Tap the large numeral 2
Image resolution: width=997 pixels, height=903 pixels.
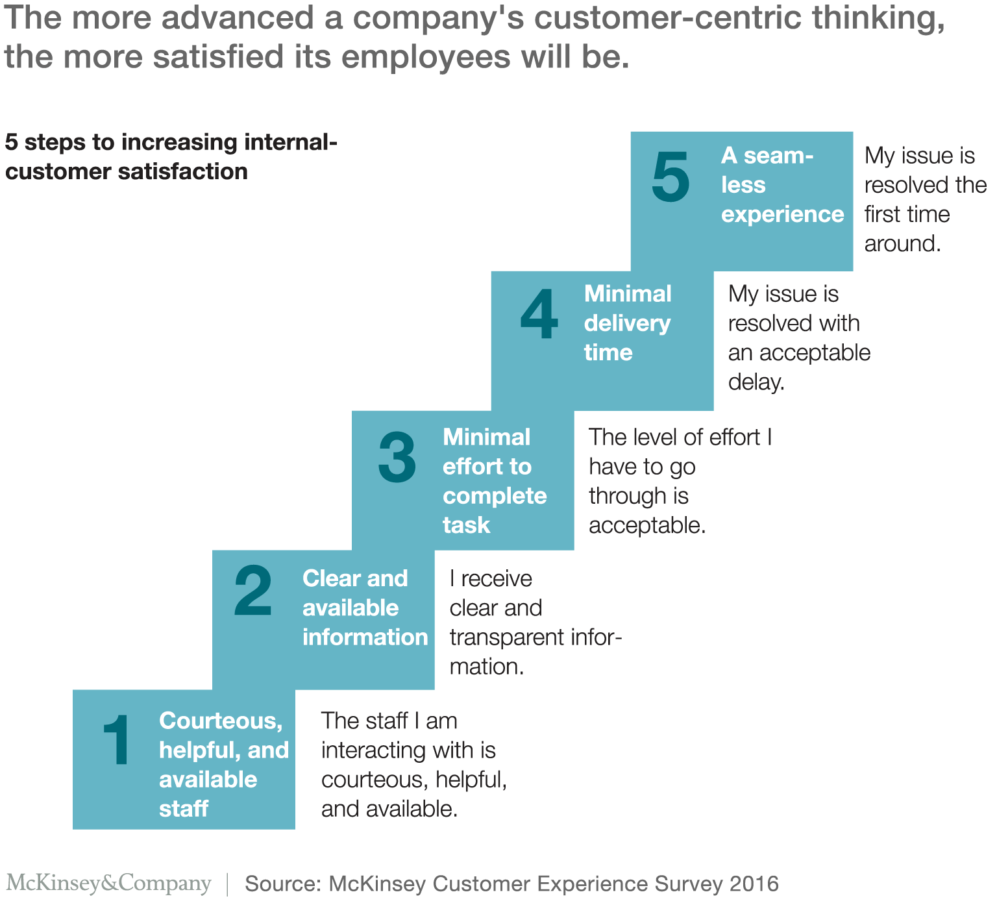click(253, 591)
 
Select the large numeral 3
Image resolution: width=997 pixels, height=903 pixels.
click(397, 458)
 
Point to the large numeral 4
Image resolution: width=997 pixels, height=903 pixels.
click(539, 315)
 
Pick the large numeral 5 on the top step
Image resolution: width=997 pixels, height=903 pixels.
click(671, 177)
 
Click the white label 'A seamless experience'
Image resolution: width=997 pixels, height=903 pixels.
click(782, 185)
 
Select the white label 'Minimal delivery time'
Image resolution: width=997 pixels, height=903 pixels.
click(627, 323)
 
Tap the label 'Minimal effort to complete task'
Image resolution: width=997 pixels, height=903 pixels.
click(494, 481)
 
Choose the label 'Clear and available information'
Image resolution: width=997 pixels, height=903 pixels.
click(364, 608)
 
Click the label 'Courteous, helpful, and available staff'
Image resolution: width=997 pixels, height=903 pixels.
click(223, 765)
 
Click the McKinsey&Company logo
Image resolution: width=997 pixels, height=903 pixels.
click(108, 883)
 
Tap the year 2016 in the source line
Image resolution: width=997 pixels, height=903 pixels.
click(754, 884)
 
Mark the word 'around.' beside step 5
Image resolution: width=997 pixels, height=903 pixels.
click(902, 244)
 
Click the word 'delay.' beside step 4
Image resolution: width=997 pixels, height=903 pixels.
click(756, 382)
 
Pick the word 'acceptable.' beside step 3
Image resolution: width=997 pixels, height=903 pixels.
click(647, 525)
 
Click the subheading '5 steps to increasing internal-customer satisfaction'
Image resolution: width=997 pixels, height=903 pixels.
click(171, 156)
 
